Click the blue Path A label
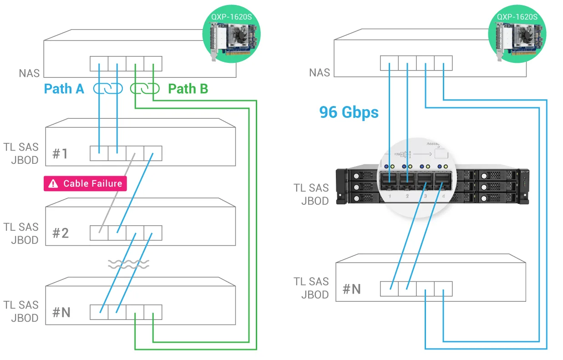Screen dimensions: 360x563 (64, 89)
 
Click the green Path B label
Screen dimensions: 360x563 (188, 89)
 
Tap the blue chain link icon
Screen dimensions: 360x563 (108, 89)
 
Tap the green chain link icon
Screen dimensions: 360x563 (144, 89)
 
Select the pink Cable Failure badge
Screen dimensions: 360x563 (85, 183)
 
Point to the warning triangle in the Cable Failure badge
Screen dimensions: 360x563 (54, 184)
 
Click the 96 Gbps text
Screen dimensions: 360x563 (349, 112)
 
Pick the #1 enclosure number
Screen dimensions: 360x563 (60, 153)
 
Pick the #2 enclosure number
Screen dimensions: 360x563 (60, 233)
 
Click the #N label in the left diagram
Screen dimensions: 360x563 (61, 312)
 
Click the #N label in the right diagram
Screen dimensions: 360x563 (351, 289)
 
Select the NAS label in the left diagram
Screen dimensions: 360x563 (30, 73)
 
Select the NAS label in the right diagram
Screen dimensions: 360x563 (320, 73)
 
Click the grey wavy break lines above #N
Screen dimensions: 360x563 (128, 264)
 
